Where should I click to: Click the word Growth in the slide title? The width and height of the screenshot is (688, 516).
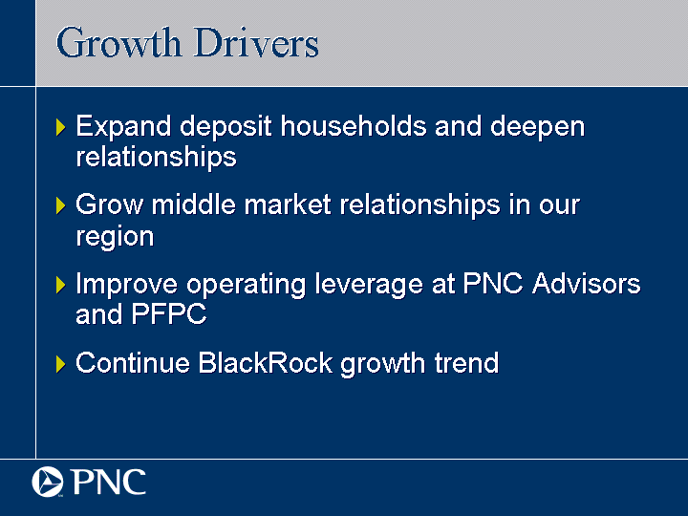[x=118, y=43]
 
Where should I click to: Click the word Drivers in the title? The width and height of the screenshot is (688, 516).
[x=256, y=43]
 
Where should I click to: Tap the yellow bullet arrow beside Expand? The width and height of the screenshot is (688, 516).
[x=61, y=127]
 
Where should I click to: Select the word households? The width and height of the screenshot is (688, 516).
[x=354, y=126]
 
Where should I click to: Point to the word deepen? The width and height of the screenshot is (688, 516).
[x=537, y=128]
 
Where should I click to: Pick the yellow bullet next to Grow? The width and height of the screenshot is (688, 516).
[x=61, y=205]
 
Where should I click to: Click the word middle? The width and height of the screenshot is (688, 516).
[x=193, y=204]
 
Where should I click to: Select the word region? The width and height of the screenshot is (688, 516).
[x=115, y=237]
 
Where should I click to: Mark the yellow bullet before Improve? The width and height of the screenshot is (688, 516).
[x=61, y=285]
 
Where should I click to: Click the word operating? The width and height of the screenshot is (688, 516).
[x=247, y=285]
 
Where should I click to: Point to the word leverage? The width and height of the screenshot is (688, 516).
[x=369, y=285]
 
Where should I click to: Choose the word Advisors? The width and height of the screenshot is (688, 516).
[x=586, y=284]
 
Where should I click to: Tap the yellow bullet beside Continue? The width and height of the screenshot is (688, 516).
[x=61, y=364]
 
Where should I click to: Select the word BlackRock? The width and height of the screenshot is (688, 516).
[x=265, y=363]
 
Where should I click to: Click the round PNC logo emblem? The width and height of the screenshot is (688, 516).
[x=48, y=482]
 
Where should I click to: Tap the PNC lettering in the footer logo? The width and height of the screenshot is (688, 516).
[x=109, y=482]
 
